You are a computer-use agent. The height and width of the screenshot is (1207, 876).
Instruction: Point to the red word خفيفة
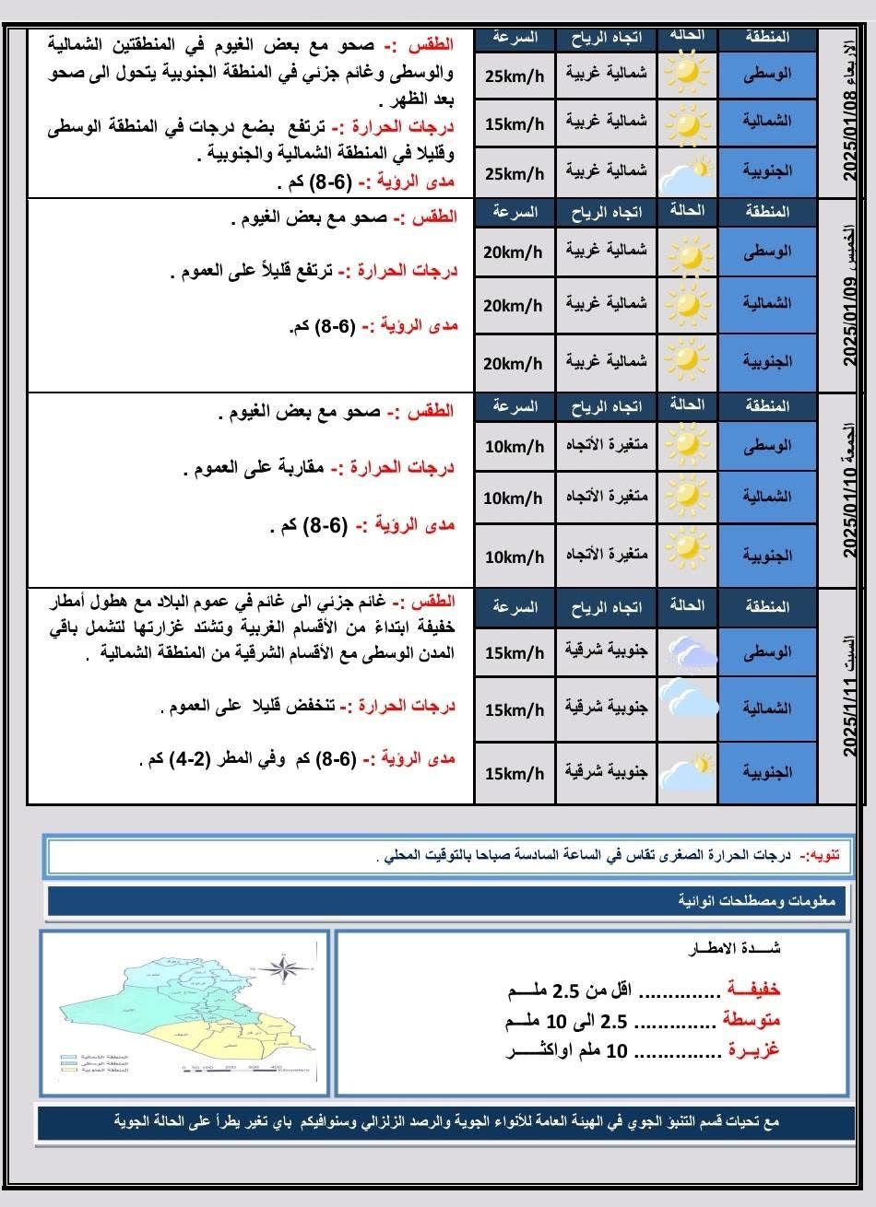[753, 990]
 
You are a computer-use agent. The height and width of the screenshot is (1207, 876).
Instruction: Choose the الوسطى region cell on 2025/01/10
[766, 447]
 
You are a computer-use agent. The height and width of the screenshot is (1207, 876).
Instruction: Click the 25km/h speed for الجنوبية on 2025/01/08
[515, 173]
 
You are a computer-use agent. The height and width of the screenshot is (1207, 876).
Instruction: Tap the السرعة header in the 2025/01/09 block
[515, 213]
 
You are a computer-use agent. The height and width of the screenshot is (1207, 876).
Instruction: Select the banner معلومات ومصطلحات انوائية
[755, 901]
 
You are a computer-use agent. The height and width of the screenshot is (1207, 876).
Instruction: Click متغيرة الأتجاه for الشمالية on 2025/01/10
[606, 498]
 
